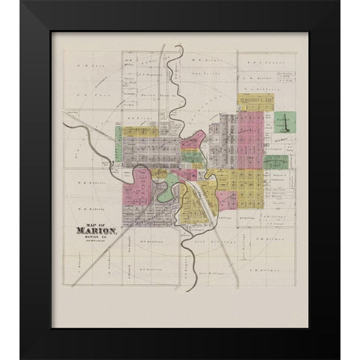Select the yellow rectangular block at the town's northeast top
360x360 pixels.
[x=253, y=103]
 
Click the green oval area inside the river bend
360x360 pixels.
[x=166, y=193]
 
